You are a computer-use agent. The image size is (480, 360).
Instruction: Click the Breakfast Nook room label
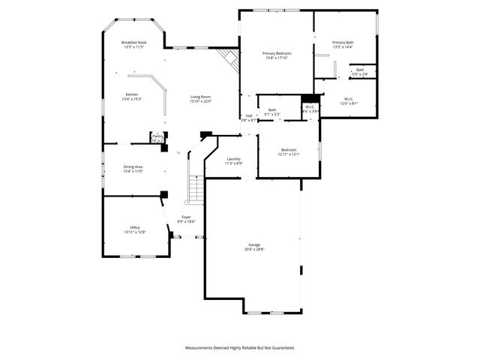(133, 43)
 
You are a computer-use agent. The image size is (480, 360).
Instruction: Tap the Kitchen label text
(131, 94)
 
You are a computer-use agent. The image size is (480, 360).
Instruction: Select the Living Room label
(200, 97)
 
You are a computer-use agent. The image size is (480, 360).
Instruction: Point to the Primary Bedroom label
(276, 53)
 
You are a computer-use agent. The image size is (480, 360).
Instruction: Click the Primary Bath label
(343, 42)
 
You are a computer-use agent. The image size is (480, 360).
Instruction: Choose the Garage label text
(254, 244)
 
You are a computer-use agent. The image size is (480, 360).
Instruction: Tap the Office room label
(135, 227)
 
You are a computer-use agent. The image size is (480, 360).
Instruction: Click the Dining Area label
(133, 166)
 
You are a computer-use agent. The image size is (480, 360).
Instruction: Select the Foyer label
(186, 217)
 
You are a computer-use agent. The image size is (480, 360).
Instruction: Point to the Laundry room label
(233, 158)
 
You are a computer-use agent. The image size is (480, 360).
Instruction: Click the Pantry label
(157, 136)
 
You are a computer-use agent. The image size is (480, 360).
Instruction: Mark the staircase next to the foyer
(195, 188)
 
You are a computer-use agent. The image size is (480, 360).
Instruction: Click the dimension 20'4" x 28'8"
(254, 249)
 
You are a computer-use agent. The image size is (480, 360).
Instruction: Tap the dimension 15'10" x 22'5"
(200, 101)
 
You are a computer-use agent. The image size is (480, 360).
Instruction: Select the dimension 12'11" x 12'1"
(289, 154)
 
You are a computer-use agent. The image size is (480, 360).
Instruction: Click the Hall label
(249, 115)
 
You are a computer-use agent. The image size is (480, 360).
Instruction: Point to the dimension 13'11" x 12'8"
(135, 232)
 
